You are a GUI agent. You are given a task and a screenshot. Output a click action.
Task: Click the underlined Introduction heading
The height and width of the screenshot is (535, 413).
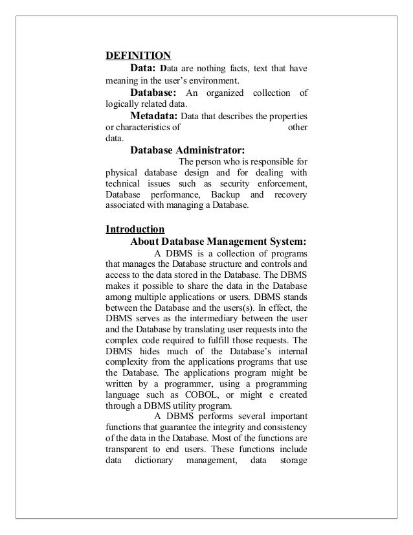(135, 229)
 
